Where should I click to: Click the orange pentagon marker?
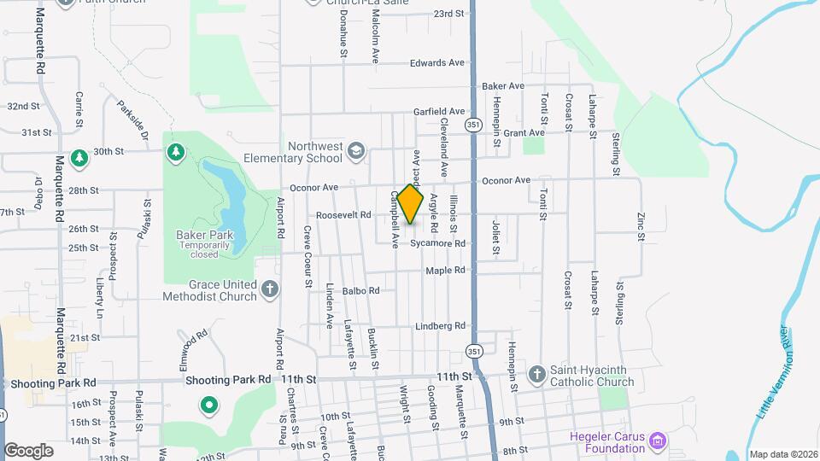coord(410,204)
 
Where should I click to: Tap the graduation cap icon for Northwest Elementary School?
coord(355,153)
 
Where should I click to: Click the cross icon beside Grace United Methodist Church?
coord(270,289)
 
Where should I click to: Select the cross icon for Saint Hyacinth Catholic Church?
coord(536,374)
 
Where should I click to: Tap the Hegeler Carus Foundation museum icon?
coord(657,441)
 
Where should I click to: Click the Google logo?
coord(28,450)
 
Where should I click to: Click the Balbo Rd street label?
coord(360,291)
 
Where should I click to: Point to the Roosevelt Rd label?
coord(343,215)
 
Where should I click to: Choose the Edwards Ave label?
coord(436,63)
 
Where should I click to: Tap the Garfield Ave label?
coord(439,112)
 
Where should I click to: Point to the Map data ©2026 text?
coord(782,454)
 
